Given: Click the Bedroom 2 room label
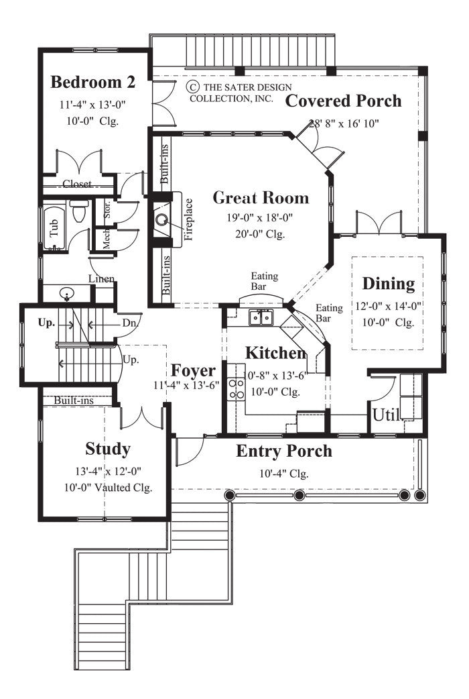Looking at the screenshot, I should pos(93,83).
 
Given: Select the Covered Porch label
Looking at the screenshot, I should pos(344,101).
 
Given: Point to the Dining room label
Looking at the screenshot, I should pos(389,284).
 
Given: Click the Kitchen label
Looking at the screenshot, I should pos(275,353).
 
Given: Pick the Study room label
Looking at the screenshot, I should pos(108,448).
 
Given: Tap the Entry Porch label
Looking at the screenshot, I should pos(284,451).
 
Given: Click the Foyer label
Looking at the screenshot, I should pos(193,371).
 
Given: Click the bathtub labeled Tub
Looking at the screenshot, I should pos(54,229).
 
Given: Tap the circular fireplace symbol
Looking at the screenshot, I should pos(161,219).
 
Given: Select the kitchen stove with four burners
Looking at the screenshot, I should pos(237,389).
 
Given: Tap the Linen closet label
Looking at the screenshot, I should pos(101,278).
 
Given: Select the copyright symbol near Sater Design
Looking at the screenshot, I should pos(193,87).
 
